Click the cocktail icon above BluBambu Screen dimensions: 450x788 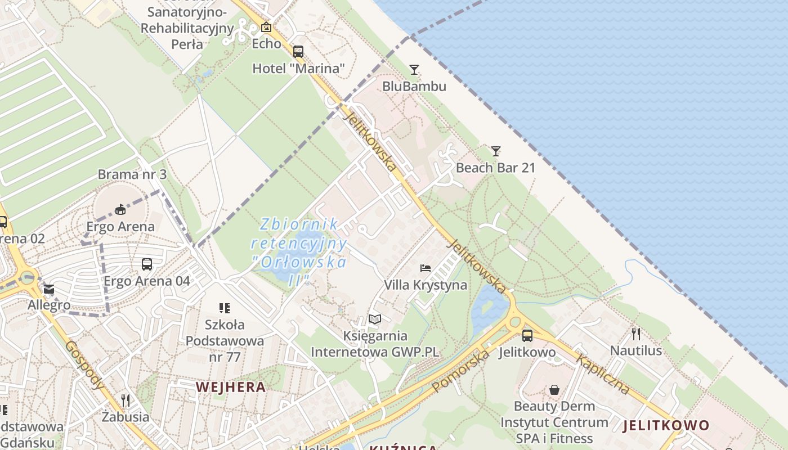pos(414,70)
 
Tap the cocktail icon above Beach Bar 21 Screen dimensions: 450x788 pos(495,151)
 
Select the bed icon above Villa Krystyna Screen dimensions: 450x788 pos(426,268)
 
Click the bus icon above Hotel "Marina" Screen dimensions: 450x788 pos(298,52)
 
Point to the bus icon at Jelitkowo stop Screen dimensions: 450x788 pos(527,336)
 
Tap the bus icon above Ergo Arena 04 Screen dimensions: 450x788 pos(146,264)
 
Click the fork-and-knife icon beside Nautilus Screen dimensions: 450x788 pos(636,334)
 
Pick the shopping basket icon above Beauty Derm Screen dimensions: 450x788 pos(554,389)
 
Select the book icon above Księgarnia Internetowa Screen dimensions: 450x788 pos(375,319)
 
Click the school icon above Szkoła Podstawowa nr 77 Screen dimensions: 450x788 pos(225,308)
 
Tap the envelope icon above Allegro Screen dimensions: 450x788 pos(49,290)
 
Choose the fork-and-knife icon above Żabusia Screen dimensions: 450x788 pos(126,400)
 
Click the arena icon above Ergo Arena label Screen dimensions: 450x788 pos(120,210)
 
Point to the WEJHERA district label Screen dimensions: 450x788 pos(231,387)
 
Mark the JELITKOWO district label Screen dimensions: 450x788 pos(666,425)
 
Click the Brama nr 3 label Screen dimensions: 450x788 pos(132,174)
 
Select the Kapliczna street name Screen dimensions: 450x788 pos(603,375)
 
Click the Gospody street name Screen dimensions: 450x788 pos(84,365)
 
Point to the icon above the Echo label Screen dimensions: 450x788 pos(266,27)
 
